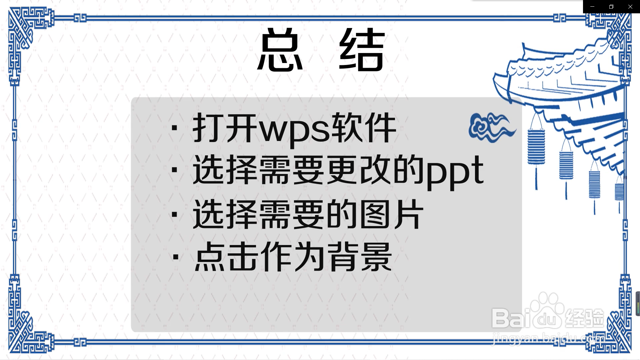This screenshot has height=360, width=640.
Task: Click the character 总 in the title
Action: [x=280, y=50]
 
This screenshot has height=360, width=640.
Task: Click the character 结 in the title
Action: [x=362, y=50]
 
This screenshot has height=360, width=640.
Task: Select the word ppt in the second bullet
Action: [x=455, y=172]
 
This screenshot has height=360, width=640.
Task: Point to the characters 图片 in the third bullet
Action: [x=392, y=215]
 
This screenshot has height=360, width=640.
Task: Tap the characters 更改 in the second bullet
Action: [x=359, y=170]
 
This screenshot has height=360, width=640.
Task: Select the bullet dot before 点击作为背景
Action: [x=176, y=257]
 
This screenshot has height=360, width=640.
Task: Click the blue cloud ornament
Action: [x=492, y=127]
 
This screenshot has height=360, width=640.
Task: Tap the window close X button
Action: [x=630, y=7]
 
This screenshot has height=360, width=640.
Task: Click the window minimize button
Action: [x=592, y=7]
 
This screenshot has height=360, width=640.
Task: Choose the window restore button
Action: [x=611, y=7]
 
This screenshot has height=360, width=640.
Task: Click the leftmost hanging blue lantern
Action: [x=536, y=147]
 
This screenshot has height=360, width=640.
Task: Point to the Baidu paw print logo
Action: [x=547, y=310]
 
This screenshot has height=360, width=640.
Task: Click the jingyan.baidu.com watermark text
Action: [x=548, y=339]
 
